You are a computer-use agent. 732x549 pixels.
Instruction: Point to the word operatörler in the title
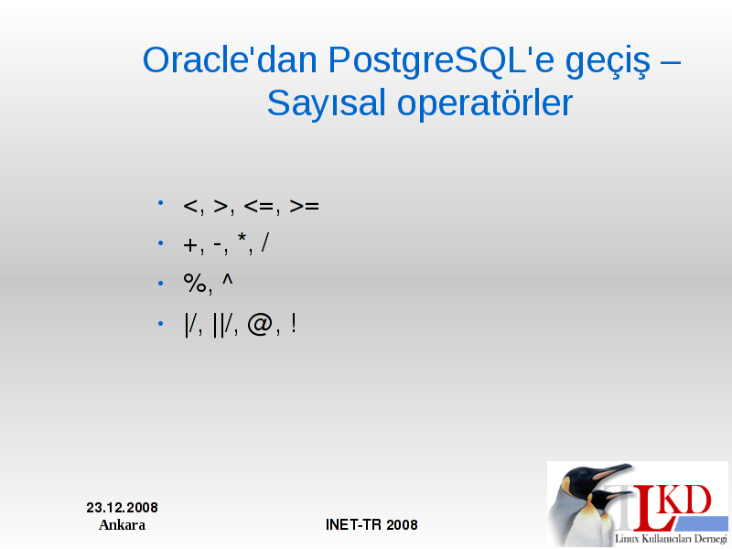click(485, 104)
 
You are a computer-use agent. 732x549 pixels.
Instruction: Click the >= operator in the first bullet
click(304, 206)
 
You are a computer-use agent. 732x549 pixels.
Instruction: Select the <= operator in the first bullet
click(259, 206)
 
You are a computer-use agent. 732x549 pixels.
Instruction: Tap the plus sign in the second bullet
click(190, 245)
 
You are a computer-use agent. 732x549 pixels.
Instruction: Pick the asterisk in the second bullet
click(242, 238)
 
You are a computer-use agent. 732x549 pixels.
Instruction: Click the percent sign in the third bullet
click(195, 283)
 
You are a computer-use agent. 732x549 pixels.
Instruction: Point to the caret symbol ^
click(227, 280)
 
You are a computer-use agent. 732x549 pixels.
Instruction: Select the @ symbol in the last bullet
click(260, 325)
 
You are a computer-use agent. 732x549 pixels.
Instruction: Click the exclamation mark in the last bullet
click(293, 323)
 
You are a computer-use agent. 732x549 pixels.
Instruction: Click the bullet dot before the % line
click(161, 283)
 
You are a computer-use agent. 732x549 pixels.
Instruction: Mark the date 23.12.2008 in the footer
click(123, 508)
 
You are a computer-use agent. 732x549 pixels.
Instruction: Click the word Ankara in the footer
click(123, 524)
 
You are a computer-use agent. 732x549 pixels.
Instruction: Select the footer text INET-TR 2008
click(371, 524)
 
